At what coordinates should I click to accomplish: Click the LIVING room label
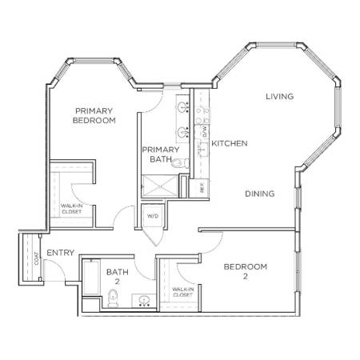click(280, 96)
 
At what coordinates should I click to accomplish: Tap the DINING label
click(260, 194)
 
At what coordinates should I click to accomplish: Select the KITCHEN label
click(230, 143)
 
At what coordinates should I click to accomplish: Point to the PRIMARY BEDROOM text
click(94, 115)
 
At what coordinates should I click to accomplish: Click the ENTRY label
click(61, 253)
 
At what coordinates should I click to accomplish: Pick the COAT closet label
click(36, 258)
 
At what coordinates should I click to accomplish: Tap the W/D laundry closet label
click(153, 216)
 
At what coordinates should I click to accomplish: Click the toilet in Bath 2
click(113, 298)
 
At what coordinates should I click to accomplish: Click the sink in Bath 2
click(144, 301)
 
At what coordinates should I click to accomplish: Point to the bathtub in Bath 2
click(91, 278)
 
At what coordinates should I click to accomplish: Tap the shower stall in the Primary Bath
click(159, 186)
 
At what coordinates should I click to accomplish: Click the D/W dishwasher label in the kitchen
click(205, 132)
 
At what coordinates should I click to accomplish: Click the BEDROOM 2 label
click(246, 271)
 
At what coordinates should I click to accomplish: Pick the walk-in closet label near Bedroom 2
click(182, 292)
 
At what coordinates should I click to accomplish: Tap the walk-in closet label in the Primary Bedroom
click(71, 209)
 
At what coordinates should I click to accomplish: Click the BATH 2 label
click(118, 277)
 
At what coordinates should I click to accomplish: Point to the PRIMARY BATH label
click(161, 154)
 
